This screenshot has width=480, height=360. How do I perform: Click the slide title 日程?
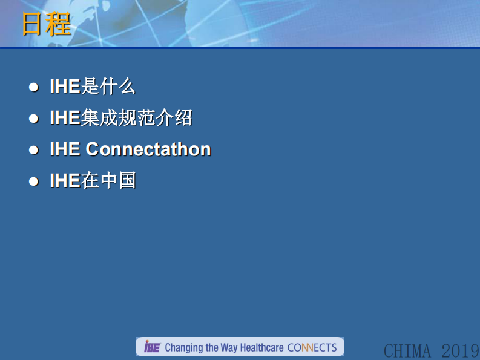click(47, 25)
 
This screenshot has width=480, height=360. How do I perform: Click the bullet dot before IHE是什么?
click(34, 87)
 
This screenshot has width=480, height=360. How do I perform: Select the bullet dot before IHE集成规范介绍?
click(34, 119)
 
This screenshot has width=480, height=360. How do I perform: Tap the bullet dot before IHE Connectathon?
click(34, 150)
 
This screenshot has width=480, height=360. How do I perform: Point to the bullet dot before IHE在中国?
click(34, 182)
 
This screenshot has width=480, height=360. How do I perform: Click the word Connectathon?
click(148, 149)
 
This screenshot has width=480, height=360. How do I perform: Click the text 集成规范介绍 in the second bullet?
click(136, 118)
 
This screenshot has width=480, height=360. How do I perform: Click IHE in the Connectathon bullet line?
click(65, 149)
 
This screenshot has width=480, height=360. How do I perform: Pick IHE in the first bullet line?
click(65, 87)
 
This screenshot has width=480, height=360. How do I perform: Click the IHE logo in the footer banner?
click(151, 347)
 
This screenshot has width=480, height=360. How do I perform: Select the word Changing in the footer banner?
click(183, 348)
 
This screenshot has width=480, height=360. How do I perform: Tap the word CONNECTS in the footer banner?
click(312, 347)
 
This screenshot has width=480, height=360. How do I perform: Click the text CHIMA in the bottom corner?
click(407, 350)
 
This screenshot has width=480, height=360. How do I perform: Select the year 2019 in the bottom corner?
click(460, 350)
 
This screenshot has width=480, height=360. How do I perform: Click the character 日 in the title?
click(33, 25)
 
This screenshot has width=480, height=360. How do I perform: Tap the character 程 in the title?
click(59, 25)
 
